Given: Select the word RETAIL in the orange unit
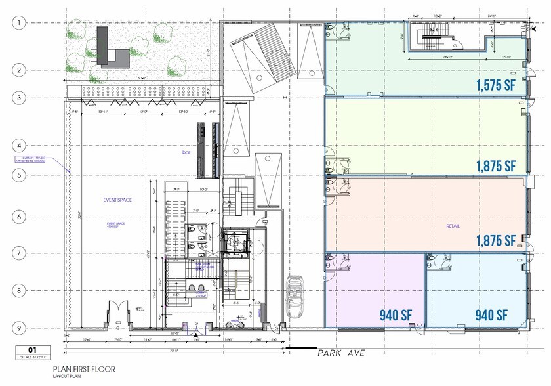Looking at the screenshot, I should click(x=453, y=226).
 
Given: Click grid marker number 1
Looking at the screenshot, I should click(x=21, y=23).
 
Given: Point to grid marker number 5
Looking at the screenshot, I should click(x=21, y=175).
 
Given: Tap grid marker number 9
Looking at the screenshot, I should click(x=21, y=329).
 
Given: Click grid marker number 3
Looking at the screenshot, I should click(x=21, y=98).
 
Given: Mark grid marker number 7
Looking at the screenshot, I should click(x=21, y=252).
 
